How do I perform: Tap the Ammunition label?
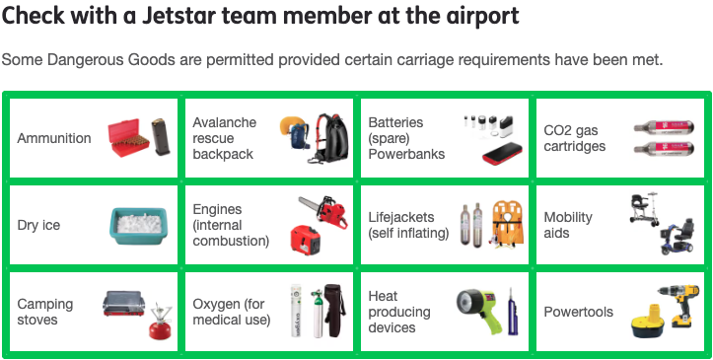(54, 138)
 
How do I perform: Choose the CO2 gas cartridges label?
(575, 138)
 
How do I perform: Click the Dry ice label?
(38, 225)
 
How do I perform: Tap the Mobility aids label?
(570, 225)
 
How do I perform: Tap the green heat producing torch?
(474, 308)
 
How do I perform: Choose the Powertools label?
(578, 312)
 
